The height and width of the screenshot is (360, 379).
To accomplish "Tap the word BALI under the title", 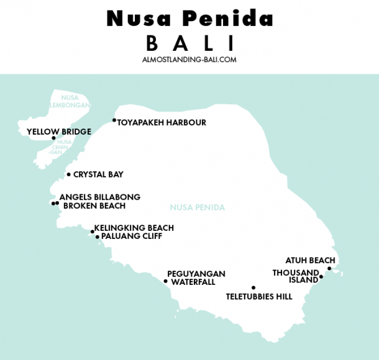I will click(189, 43).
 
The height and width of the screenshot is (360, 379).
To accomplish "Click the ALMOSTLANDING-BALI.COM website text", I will click(189, 60).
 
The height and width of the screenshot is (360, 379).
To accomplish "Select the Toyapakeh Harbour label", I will click(162, 123).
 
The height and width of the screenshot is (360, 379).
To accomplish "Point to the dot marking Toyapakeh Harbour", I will click(114, 120).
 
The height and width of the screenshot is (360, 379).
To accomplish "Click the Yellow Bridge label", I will click(59, 132).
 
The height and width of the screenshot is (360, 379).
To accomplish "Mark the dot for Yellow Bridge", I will click(53, 138).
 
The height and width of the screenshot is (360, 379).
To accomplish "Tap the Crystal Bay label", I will click(98, 175).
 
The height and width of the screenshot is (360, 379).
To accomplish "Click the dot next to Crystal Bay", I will click(69, 174).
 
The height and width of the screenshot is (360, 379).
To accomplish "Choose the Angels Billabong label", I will click(100, 197).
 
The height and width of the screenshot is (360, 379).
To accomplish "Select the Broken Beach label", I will click(94, 206).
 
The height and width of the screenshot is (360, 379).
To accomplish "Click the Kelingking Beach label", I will click(134, 228).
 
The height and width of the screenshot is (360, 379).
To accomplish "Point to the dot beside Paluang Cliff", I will click(98, 236).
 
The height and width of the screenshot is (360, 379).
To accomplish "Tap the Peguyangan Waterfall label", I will click(196, 277).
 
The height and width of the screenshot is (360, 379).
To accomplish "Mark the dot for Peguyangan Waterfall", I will click(166, 281).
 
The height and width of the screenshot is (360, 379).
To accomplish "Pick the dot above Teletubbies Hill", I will click(253, 287).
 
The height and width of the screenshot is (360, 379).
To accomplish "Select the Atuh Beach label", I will click(310, 261).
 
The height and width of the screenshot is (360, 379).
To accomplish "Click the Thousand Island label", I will click(296, 276).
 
